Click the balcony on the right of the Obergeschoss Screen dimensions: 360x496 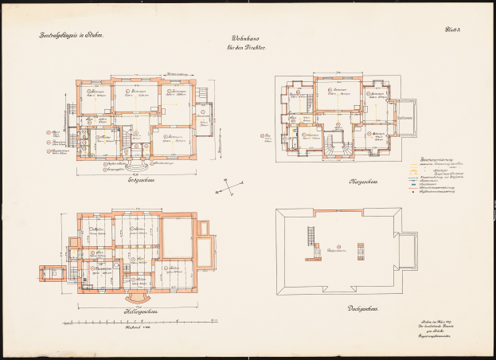click(x=407, y=117)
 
